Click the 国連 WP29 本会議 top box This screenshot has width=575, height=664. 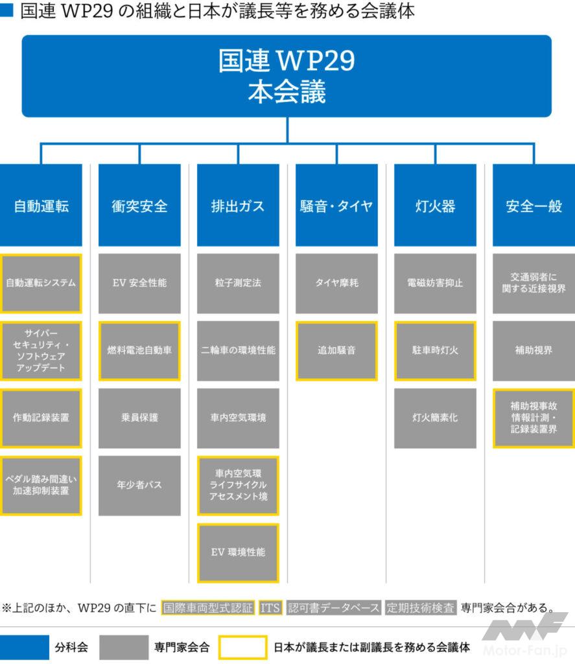tap(287, 76)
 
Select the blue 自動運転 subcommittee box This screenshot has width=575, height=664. tap(41, 206)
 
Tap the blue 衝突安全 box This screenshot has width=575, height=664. tap(139, 206)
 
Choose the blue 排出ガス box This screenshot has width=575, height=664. tap(238, 206)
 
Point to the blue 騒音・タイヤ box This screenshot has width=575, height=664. tap(336, 206)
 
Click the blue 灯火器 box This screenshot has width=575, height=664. tap(435, 206)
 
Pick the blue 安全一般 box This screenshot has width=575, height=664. tap(534, 206)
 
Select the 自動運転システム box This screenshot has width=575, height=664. tap(41, 283)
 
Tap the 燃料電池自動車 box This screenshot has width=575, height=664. tap(139, 350)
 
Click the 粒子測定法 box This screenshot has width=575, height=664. tap(238, 283)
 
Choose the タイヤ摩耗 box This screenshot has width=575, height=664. tap(336, 283)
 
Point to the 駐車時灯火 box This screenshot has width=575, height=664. tap(435, 350)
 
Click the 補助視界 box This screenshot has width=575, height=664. tap(534, 350)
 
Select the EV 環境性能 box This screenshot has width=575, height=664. tap(238, 552)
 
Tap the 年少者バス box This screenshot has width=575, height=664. tap(139, 485)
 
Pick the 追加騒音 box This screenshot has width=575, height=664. tap(336, 350)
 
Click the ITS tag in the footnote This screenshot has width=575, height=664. tap(270, 608)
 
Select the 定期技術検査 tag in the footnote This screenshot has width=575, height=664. tap(421, 608)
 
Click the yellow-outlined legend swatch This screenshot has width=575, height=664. tap(242, 647)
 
